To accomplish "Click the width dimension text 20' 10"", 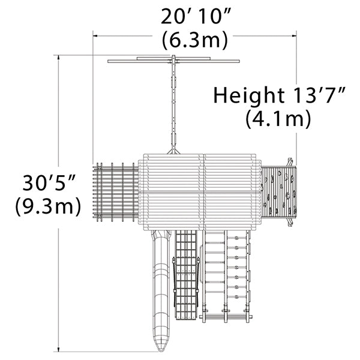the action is tap(194, 16).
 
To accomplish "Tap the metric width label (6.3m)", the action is tap(194, 41).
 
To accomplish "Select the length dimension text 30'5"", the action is tap(49, 182).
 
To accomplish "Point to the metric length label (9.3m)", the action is tap(48, 206).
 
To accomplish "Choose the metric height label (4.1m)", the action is tap(278, 119).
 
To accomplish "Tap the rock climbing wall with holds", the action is tap(279, 192).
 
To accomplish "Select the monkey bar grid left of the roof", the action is tap(116, 192).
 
